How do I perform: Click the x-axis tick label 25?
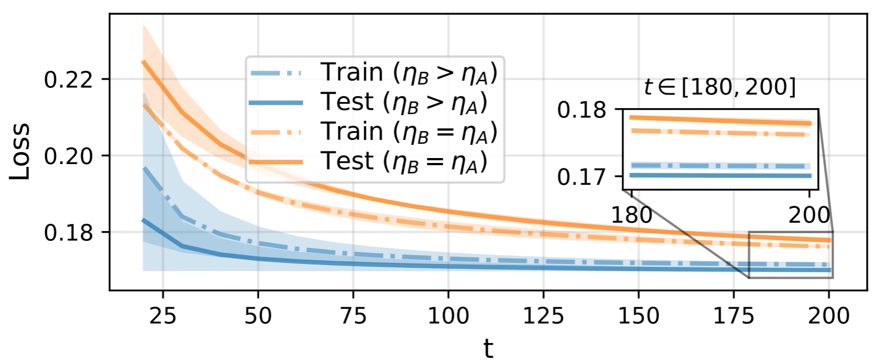[x=163, y=316]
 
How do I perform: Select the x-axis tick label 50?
[x=258, y=316]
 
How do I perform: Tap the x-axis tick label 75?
[x=353, y=316]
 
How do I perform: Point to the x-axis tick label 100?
[x=448, y=316]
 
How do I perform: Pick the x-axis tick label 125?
[x=543, y=316]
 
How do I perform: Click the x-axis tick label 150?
[x=639, y=316]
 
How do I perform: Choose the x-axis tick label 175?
[x=733, y=316]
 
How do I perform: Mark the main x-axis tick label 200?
[x=828, y=316]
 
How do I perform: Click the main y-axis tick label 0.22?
[x=69, y=80]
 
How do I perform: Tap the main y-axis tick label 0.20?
[x=69, y=156]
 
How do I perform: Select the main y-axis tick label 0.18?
[x=69, y=233]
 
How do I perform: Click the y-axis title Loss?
[x=20, y=152]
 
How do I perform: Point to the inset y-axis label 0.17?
[x=582, y=177]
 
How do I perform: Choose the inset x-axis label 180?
[x=631, y=215]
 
